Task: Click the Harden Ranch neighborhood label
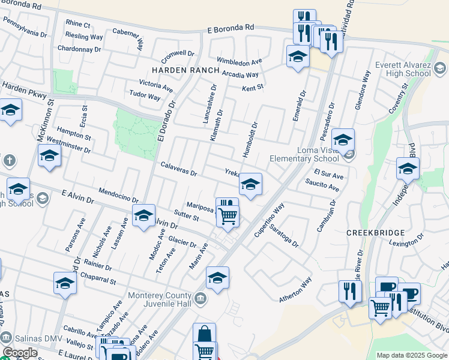(x=185, y=70)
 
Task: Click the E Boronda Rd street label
(x=231, y=28)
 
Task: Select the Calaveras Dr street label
(x=178, y=169)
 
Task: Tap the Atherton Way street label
(x=295, y=290)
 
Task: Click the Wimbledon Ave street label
(x=240, y=61)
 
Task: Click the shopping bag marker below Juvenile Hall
(x=204, y=334)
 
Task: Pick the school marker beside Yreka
(x=250, y=184)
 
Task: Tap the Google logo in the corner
(x=20, y=353)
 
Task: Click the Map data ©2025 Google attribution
(x=411, y=355)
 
